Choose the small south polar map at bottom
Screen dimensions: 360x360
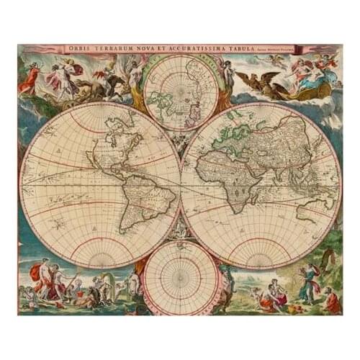click(x=181, y=277)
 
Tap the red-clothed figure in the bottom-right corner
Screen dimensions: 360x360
click(x=330, y=300)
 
